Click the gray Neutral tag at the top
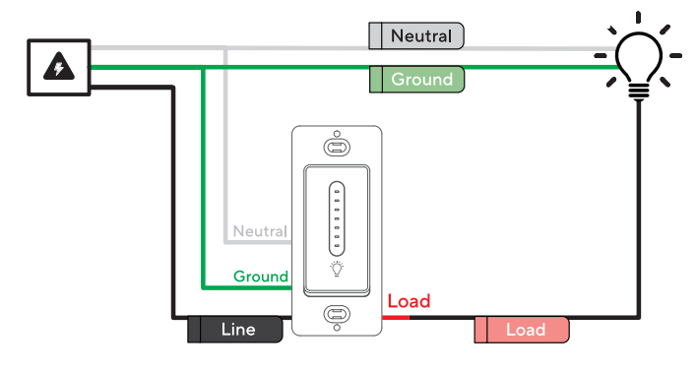(x=415, y=36)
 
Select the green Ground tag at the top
(x=415, y=79)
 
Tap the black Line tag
(x=235, y=330)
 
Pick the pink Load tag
(x=522, y=330)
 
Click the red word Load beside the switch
(x=409, y=301)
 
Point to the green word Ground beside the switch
(x=260, y=277)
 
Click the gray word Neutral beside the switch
(x=259, y=232)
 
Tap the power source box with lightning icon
(x=59, y=67)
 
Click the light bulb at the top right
(x=639, y=57)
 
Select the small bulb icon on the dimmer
(x=337, y=268)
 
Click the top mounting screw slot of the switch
(x=337, y=148)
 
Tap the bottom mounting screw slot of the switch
(x=337, y=315)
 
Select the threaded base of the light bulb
(x=639, y=91)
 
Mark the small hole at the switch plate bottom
(x=337, y=333)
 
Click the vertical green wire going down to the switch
(x=202, y=177)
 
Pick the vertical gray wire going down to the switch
(x=225, y=148)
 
